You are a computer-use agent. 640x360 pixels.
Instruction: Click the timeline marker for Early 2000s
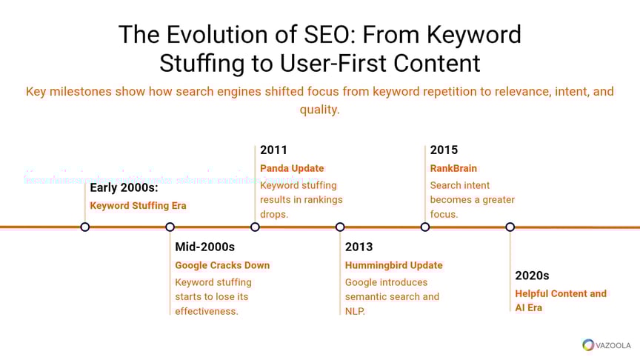[x=85, y=227]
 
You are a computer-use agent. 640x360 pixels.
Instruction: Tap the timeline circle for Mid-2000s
[x=170, y=227]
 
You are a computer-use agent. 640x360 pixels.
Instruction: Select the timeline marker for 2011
[x=255, y=227]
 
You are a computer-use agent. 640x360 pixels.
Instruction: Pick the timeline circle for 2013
[x=340, y=227]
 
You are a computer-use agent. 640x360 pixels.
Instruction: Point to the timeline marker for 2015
[x=425, y=227]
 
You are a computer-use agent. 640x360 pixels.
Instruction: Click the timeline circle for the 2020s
[x=510, y=227]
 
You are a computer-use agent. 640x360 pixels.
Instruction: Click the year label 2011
[x=274, y=150]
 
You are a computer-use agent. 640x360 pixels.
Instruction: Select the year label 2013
[x=359, y=247]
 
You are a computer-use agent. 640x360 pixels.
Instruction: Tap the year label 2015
[x=444, y=150]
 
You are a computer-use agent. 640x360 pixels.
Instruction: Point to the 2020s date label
[x=533, y=276]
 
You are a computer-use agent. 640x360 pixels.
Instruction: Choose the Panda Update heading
[x=292, y=168]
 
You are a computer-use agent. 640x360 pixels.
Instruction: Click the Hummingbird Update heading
[x=393, y=265]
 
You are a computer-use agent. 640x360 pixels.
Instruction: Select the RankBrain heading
[x=453, y=168]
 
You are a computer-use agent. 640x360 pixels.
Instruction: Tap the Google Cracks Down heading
[x=222, y=265]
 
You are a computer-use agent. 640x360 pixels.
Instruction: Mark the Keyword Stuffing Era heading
[x=138, y=205]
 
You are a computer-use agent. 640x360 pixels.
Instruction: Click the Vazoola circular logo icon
[x=588, y=345]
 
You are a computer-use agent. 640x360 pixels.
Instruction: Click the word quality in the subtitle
[x=319, y=110]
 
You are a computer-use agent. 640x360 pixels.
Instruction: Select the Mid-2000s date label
[x=205, y=247]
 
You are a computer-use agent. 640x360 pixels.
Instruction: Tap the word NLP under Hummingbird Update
[x=355, y=311]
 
